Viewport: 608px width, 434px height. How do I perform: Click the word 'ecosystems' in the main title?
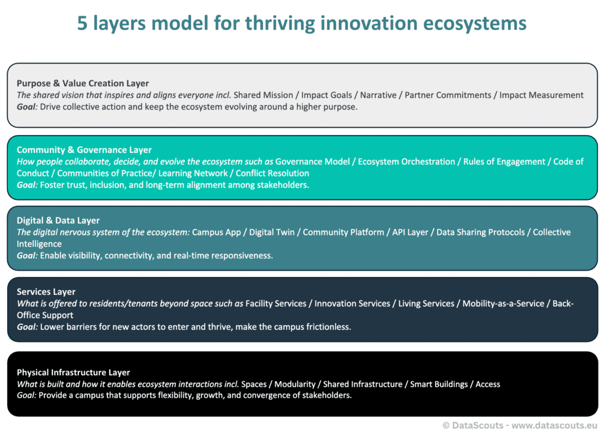pos(474,24)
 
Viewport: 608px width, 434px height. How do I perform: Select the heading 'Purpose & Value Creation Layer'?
pos(83,83)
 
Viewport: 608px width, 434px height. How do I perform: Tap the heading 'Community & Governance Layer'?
pos(84,150)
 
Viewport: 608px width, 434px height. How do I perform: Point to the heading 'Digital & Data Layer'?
pos(58,221)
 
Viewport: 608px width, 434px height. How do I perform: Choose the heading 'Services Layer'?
pos(46,292)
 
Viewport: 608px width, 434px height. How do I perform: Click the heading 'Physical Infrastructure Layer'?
pos(73,373)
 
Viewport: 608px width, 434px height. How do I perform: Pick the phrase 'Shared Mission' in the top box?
pos(263,95)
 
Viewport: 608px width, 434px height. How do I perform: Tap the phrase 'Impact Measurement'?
pos(541,95)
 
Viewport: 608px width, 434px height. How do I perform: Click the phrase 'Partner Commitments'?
pos(448,95)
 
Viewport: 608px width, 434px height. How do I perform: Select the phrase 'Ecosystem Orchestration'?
pos(406,162)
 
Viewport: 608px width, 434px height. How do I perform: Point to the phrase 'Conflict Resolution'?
pos(273,174)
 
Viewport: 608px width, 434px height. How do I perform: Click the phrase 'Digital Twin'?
pos(272,232)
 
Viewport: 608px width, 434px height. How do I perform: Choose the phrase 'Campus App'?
pos(216,232)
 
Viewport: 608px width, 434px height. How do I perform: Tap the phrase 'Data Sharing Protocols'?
pos(480,232)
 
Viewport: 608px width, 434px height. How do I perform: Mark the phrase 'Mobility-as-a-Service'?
pos(503,304)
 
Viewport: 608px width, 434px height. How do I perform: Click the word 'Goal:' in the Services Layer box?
pos(27,327)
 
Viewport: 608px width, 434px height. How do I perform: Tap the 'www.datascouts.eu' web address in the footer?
pos(554,426)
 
